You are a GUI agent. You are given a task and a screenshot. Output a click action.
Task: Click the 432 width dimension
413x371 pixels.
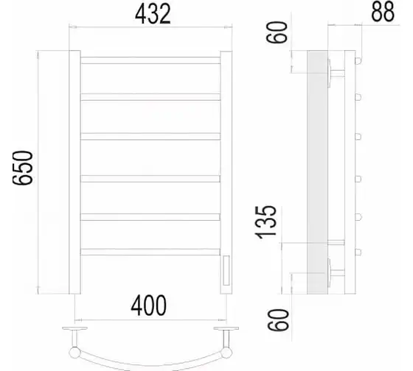click(x=153, y=14)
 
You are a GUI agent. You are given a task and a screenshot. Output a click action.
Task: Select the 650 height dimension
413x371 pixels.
click(x=23, y=168)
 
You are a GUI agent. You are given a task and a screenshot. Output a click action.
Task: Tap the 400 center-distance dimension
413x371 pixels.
click(x=149, y=305)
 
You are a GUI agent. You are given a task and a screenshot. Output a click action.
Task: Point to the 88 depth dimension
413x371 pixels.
click(x=383, y=12)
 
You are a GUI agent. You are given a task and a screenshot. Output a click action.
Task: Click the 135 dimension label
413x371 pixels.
click(x=266, y=222)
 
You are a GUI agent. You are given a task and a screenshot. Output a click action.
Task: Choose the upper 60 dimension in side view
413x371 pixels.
click(x=277, y=32)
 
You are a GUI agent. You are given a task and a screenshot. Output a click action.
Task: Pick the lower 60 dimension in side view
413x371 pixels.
click(x=278, y=319)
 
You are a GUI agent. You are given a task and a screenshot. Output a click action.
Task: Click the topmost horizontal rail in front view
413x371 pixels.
click(x=150, y=60)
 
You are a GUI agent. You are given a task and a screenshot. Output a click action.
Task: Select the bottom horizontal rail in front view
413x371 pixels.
click(x=150, y=252)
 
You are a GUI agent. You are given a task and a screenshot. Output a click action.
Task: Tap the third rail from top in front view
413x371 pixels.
click(x=150, y=136)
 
